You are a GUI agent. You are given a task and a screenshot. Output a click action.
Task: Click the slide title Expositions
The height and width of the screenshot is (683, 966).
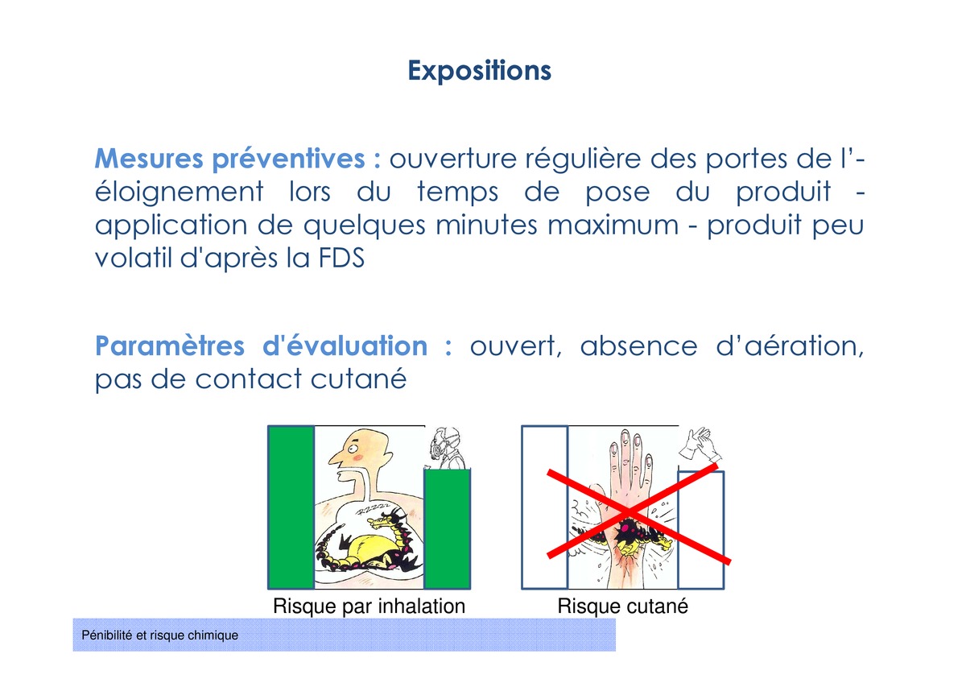tap(479, 71)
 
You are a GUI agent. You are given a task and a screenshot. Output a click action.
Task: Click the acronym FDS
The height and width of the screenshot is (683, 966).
tap(341, 258)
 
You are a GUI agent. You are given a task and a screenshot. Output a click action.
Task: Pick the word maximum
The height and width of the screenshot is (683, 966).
tap(613, 226)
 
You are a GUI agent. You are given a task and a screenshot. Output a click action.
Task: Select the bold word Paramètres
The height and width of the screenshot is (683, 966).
tap(170, 346)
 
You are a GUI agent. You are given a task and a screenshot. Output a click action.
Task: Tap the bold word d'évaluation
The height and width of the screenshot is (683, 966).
tap(345, 346)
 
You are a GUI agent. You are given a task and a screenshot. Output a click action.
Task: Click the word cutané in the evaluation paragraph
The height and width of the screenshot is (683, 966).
tap(358, 379)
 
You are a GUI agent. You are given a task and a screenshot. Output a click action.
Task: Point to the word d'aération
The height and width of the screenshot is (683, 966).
tap(790, 346)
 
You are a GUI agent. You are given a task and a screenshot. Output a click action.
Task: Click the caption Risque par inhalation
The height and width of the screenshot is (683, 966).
tap(369, 606)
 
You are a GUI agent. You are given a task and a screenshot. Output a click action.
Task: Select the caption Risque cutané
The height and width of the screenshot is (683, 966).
tap(623, 606)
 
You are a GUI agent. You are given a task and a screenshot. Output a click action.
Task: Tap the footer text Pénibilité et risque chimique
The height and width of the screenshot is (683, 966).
tap(159, 635)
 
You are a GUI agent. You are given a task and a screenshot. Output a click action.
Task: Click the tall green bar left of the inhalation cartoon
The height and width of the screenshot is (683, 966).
tap(291, 507)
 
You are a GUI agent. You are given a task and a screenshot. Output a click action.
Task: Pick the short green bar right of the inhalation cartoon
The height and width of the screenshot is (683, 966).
tap(448, 529)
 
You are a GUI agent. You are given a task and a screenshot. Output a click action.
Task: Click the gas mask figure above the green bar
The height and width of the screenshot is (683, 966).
tap(447, 448)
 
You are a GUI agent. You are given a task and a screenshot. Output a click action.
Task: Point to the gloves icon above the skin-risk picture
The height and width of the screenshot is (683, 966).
tap(700, 445)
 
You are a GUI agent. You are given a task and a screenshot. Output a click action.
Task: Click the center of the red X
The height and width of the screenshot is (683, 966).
tap(630, 512)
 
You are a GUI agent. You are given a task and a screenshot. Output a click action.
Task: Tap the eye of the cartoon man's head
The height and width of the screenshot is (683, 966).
tap(353, 449)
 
